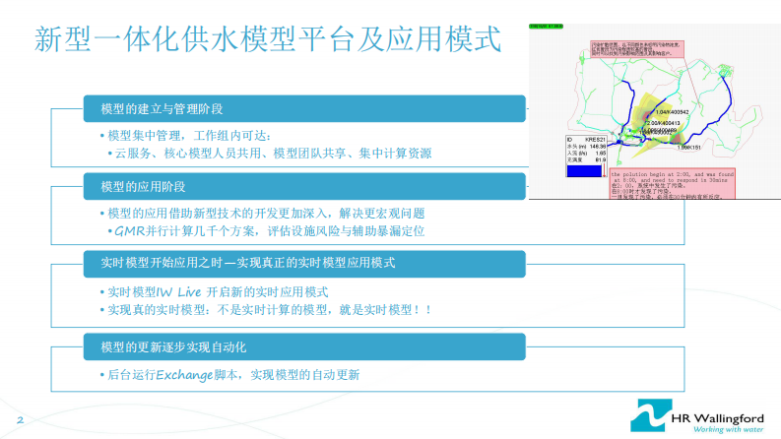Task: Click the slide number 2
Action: pyautogui.click(x=20, y=420)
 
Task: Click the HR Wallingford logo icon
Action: pyautogui.click(x=650, y=414)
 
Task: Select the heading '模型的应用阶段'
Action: pyautogui.click(x=144, y=185)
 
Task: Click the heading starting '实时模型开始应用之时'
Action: pyautogui.click(x=246, y=263)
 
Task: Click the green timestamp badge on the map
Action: pyautogui.click(x=547, y=28)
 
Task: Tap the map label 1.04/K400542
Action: pyautogui.click(x=670, y=112)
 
